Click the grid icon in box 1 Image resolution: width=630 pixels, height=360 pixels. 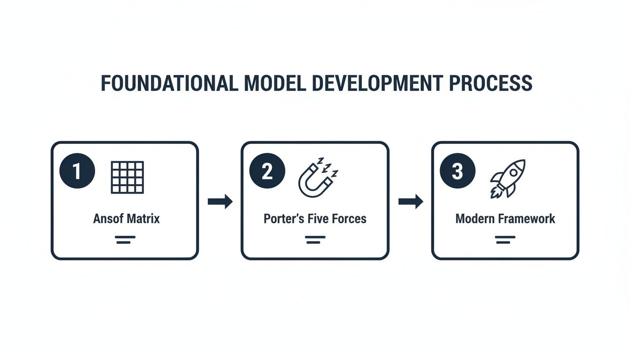(x=127, y=177)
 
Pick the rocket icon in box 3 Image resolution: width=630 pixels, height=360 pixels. (x=508, y=178)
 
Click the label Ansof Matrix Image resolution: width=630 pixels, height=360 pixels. (x=127, y=218)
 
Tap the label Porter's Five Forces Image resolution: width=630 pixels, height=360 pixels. (x=315, y=218)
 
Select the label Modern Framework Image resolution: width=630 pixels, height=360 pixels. (x=505, y=218)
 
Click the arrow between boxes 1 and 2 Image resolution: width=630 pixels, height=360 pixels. (x=220, y=202)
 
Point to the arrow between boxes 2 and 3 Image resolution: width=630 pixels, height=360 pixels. (x=410, y=202)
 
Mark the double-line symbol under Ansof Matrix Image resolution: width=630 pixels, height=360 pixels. (x=125, y=240)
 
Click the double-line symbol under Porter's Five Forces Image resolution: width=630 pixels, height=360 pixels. (x=315, y=240)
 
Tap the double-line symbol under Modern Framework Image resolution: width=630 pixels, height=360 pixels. (x=505, y=240)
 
